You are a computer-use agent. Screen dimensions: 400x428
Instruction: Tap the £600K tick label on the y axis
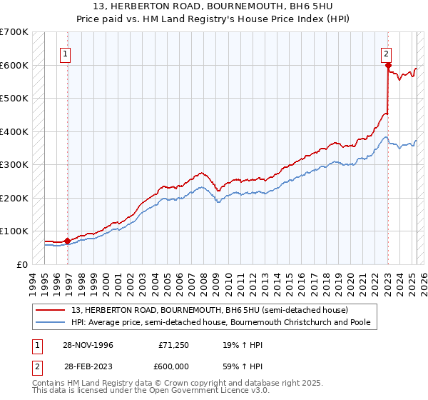click(14, 65)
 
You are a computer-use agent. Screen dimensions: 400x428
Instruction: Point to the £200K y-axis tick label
click(14, 198)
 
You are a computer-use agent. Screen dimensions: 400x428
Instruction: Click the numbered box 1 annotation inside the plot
click(65, 52)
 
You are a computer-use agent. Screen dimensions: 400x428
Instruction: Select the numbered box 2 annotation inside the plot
click(386, 52)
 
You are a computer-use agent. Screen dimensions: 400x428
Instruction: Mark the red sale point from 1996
click(68, 241)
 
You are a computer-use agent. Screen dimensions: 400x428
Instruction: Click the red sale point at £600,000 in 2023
click(388, 66)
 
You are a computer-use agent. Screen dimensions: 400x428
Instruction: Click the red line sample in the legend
click(51, 310)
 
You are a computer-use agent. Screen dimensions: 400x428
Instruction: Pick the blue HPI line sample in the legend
click(51, 322)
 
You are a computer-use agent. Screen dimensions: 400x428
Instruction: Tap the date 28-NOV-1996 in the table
click(88, 345)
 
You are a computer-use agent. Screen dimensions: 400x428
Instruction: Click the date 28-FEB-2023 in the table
click(88, 365)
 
